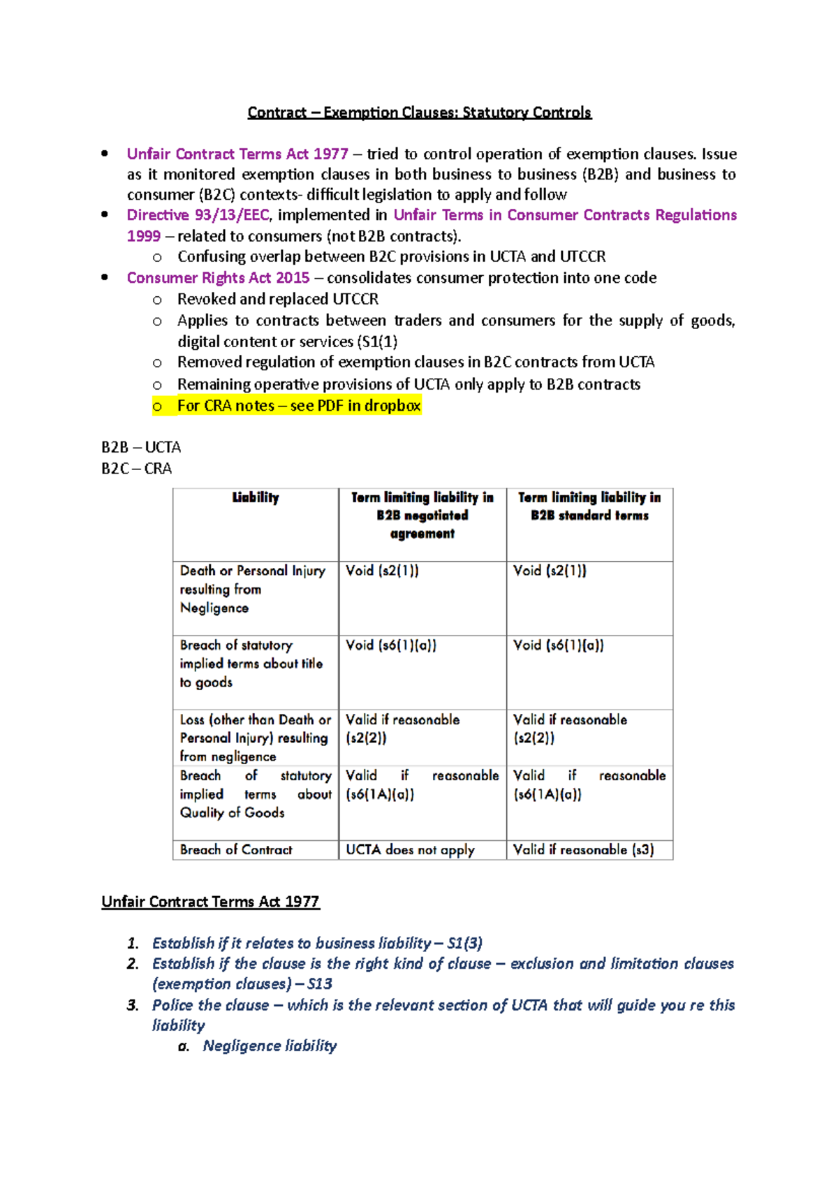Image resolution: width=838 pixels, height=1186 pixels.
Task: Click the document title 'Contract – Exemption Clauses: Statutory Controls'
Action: coord(419,112)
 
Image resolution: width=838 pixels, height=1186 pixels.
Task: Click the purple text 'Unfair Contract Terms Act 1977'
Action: coord(237,154)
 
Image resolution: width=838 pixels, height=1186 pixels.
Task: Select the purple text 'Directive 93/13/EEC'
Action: coord(198,215)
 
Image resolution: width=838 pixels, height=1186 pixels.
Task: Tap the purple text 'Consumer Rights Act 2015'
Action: coord(218,278)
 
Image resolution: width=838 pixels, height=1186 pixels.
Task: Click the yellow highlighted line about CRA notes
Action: coord(298,406)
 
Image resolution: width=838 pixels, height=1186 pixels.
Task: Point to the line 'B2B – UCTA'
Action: coord(141,447)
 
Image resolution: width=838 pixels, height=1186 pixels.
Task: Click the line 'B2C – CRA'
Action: coord(136,469)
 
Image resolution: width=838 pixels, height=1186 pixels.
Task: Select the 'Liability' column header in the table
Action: coord(256,498)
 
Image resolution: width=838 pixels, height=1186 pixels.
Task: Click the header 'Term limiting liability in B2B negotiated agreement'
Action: coord(422,515)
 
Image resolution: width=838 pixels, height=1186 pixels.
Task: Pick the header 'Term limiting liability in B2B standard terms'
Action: coord(589,506)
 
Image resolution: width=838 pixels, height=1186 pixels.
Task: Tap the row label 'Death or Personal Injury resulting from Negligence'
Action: coord(252,589)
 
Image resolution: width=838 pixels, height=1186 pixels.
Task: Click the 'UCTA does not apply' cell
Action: coord(410,850)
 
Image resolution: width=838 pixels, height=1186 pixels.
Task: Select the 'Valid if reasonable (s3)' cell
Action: coord(583,850)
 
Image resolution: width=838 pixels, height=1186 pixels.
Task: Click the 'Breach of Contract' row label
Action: coord(236,850)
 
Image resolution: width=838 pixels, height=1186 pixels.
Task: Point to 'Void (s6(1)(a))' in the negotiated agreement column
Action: coord(391,645)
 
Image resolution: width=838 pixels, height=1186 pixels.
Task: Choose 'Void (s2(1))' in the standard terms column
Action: coord(550,571)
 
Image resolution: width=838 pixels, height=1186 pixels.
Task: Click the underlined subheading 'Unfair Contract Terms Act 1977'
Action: coord(210,902)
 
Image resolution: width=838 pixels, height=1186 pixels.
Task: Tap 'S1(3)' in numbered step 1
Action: coord(464,943)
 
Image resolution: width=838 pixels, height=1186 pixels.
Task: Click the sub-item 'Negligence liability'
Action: coord(270,1046)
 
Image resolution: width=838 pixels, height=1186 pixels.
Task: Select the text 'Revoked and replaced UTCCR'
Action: coord(277,299)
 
